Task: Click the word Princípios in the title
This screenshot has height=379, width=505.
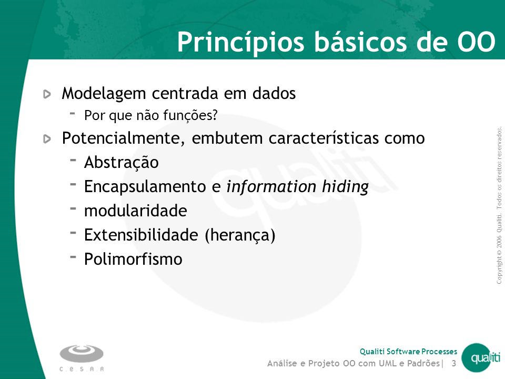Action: (x=240, y=42)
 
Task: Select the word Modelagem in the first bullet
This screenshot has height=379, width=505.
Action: (x=104, y=94)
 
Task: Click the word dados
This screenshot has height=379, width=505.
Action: (x=274, y=93)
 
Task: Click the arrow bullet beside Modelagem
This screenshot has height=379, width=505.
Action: (x=47, y=94)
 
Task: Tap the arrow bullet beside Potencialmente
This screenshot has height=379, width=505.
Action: (x=47, y=139)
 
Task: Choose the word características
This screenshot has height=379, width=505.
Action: (x=324, y=138)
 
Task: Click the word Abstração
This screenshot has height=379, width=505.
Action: (x=122, y=162)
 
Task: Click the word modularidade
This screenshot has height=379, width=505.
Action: (x=136, y=211)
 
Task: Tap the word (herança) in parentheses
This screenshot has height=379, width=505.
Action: (x=240, y=235)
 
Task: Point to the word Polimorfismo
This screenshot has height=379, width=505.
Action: (x=133, y=259)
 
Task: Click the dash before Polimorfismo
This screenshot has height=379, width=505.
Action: (x=73, y=257)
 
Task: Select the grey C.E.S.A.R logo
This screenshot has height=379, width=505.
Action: (x=82, y=358)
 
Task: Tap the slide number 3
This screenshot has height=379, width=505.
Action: (x=454, y=364)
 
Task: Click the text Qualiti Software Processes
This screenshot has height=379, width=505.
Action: (x=408, y=351)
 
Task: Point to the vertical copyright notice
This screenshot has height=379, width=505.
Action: (x=499, y=205)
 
